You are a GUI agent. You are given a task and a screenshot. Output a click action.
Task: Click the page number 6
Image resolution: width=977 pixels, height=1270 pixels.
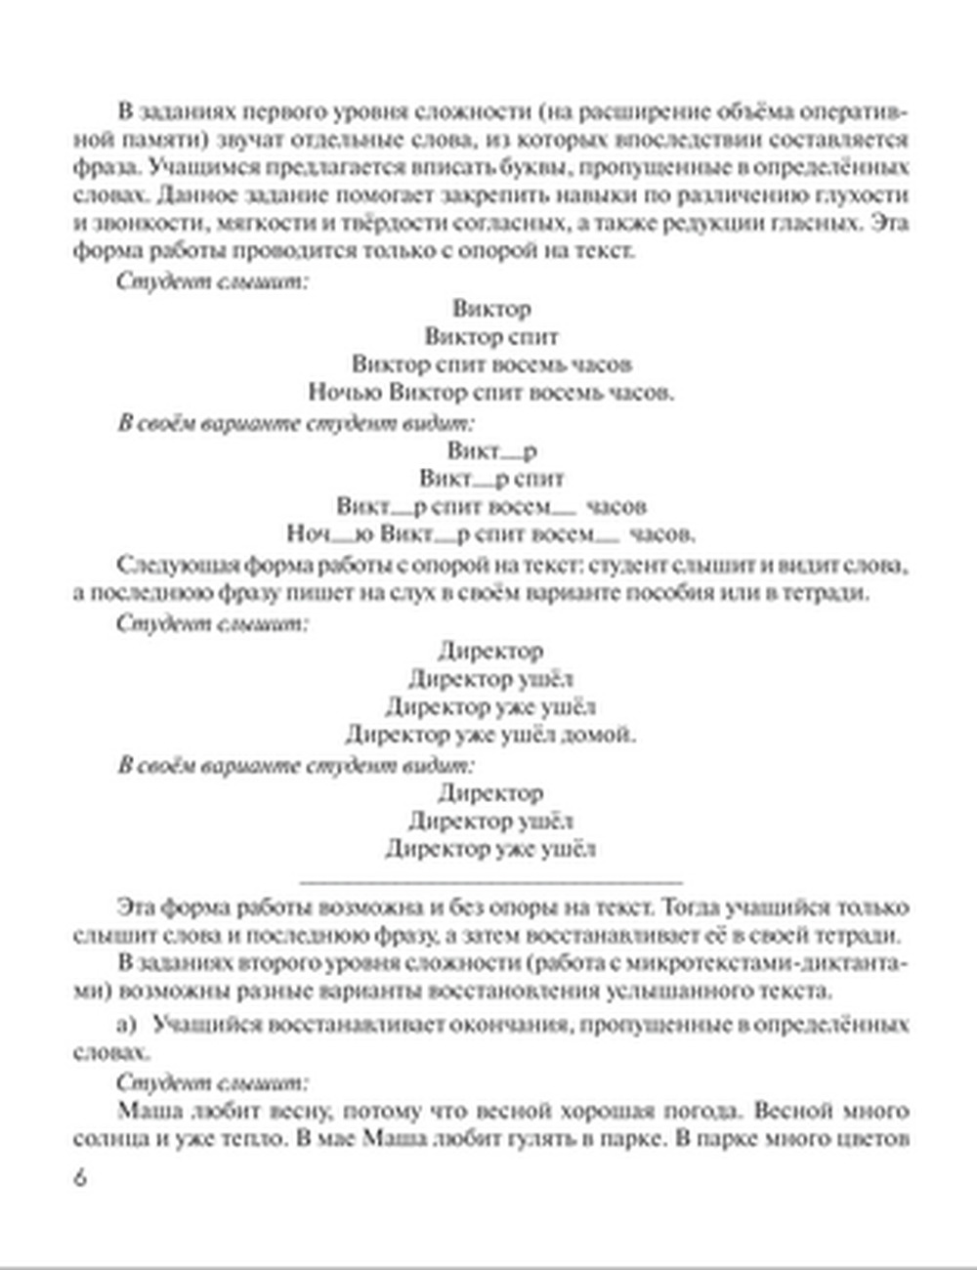(x=80, y=1176)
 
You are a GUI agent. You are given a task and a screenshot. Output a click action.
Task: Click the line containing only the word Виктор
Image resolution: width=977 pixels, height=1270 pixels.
(x=491, y=309)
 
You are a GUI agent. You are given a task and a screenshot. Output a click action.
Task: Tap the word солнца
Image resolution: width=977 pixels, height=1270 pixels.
(x=106, y=1139)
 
